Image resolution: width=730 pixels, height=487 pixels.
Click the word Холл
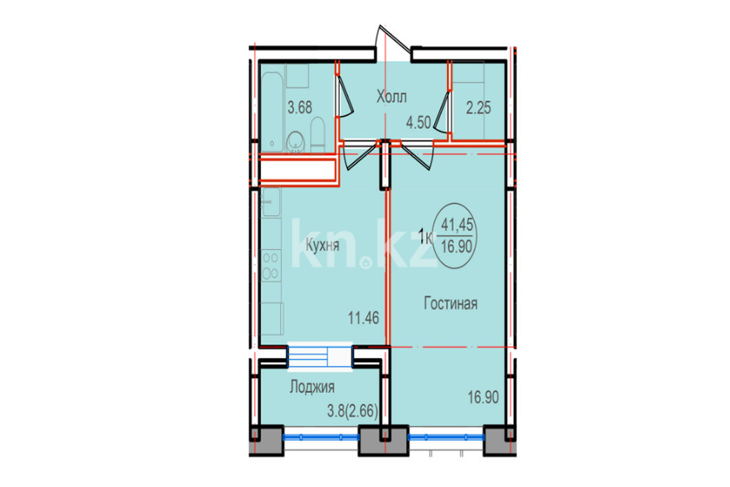391,98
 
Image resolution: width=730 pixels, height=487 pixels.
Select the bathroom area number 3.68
300,108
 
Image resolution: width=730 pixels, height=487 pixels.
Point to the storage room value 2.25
479,108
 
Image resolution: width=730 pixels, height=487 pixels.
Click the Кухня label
322,245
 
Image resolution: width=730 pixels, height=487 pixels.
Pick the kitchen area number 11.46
363,318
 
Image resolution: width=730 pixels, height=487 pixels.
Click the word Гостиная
450,304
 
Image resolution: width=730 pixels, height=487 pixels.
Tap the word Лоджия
312,387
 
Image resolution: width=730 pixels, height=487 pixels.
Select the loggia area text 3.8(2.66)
352,411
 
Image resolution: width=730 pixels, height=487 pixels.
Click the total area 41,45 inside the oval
457,225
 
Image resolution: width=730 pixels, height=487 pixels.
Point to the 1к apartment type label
426,237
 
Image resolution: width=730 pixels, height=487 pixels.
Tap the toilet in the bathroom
317,134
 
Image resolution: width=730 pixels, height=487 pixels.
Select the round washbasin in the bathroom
295,140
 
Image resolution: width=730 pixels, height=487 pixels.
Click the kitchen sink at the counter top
271,202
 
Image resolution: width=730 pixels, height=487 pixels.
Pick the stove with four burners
271,265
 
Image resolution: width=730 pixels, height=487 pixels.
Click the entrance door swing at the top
394,43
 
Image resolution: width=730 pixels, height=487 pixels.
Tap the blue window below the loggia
321,437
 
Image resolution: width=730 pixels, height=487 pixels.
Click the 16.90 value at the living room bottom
483,397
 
